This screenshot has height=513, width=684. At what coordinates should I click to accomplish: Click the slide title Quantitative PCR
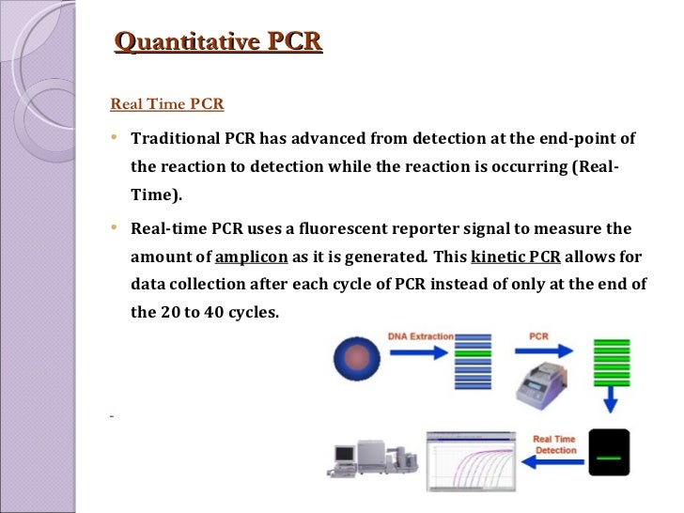click(217, 41)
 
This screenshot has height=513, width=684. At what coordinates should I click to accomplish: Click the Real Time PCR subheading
click(167, 103)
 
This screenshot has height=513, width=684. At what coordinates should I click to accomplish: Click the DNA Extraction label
click(421, 336)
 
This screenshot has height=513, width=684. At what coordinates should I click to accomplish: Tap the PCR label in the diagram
click(539, 336)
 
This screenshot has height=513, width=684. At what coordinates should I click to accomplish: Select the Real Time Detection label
click(555, 443)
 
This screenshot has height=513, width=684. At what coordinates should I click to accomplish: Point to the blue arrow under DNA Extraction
click(420, 356)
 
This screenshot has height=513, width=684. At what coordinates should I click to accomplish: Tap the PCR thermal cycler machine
click(544, 387)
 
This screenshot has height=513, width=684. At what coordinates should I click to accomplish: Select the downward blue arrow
click(609, 402)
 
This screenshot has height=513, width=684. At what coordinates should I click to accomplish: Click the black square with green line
click(609, 455)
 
